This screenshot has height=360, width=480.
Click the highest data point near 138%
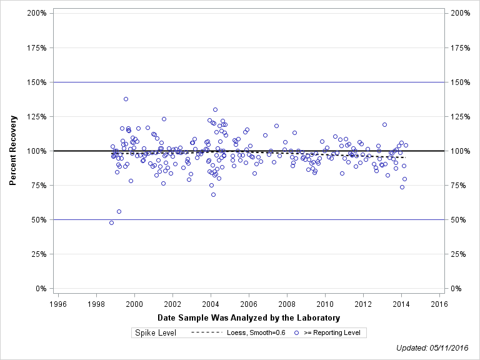click(126, 99)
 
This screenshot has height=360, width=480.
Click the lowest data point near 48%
click(112, 222)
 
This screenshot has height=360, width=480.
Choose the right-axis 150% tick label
click(461, 82)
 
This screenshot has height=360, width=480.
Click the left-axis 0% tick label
click(41, 289)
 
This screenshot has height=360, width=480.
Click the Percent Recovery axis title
click(13, 151)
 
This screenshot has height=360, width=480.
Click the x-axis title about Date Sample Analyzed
click(249, 318)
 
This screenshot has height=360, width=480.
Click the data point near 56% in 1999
click(119, 211)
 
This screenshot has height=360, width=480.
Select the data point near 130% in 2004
click(215, 109)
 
